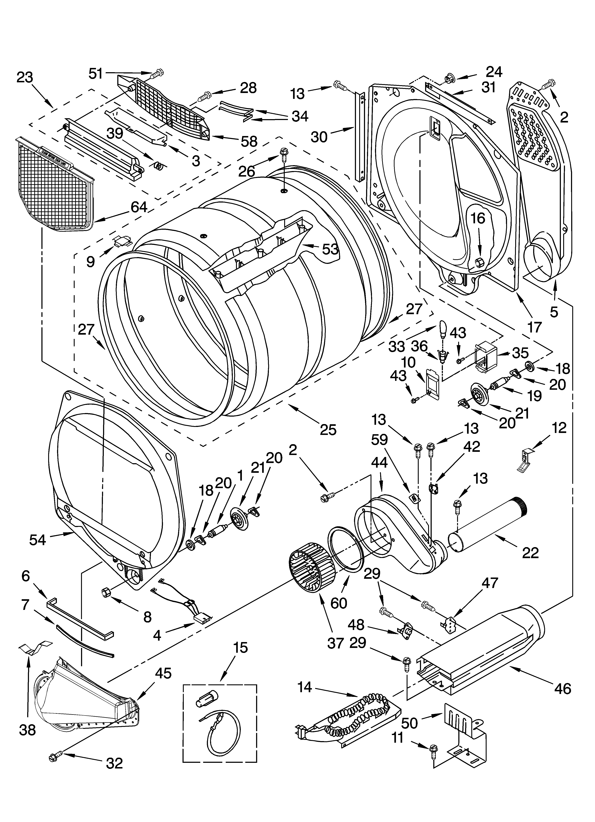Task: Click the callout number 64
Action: [139, 207]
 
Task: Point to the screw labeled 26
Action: [283, 158]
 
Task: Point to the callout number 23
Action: [25, 77]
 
